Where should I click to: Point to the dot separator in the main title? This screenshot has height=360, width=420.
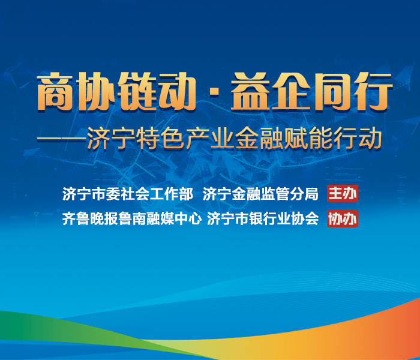coord(210,94)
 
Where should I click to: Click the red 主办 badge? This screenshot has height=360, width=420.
coord(343,194)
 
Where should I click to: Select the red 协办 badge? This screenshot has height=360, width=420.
coord(342,219)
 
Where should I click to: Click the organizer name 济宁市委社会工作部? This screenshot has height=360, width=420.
coord(127,194)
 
